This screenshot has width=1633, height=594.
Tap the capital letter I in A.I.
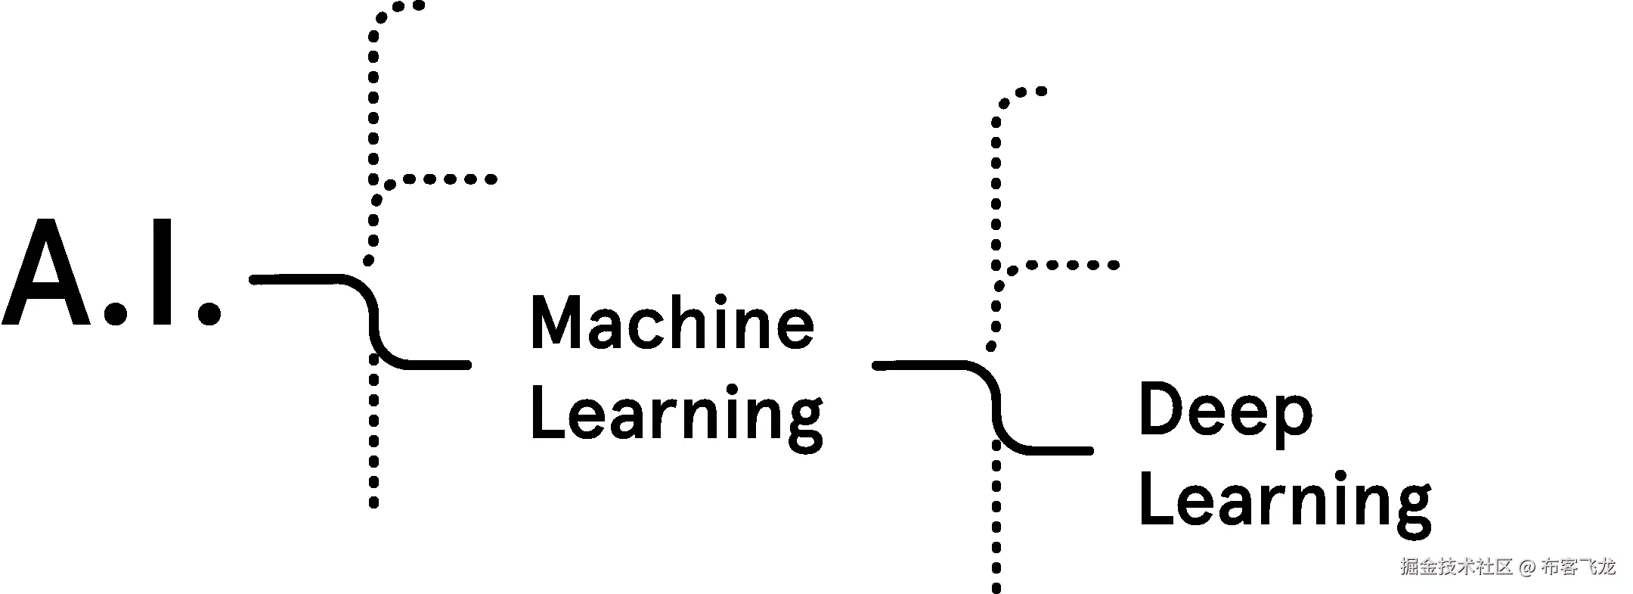coord(162,274)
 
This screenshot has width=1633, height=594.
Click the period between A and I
coord(115,313)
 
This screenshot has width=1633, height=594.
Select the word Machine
coord(672,323)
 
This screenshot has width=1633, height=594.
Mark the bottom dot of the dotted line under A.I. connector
coord(373,503)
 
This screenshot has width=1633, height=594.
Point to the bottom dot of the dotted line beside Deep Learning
coord(996,589)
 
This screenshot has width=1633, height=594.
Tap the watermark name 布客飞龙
coord(1577,567)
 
